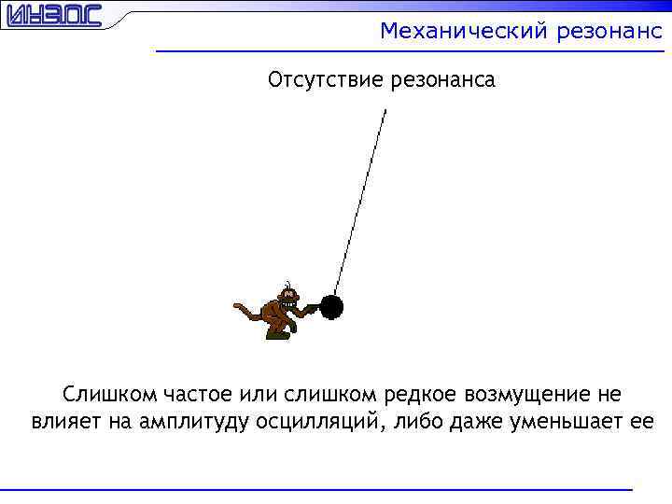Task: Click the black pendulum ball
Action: (x=332, y=306)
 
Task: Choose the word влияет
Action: (x=61, y=421)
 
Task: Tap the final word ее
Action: (x=642, y=421)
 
